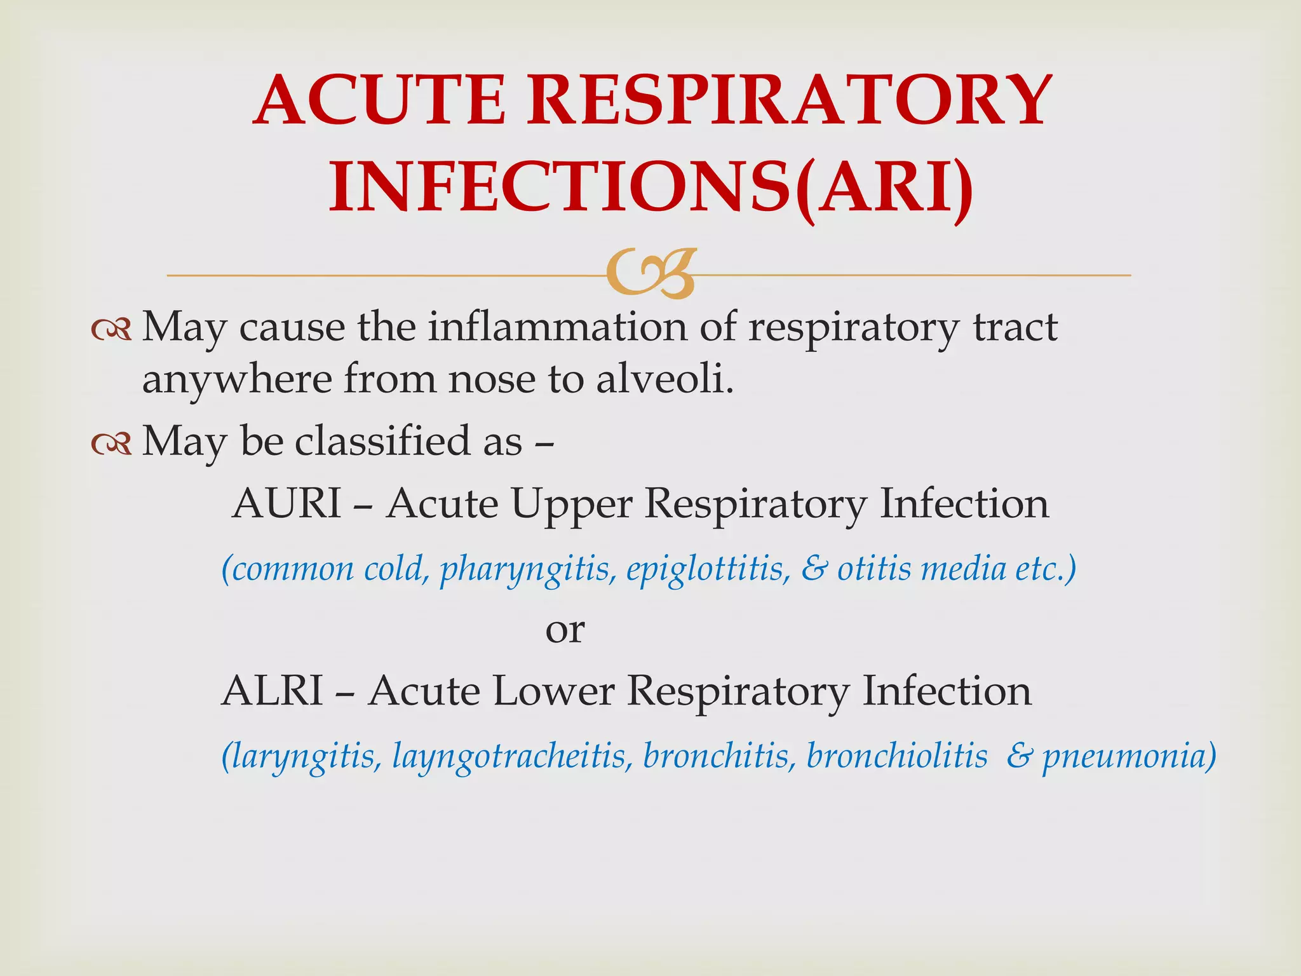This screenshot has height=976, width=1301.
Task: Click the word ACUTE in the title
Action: pyautogui.click(x=379, y=100)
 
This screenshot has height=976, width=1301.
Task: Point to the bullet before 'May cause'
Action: pyautogui.click(x=111, y=329)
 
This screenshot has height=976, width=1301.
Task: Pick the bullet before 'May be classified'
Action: pyautogui.click(x=111, y=443)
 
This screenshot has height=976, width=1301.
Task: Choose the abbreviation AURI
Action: pyautogui.click(x=286, y=503)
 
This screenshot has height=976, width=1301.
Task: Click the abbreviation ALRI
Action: pyautogui.click(x=273, y=691)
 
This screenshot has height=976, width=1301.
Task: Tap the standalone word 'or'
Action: pyautogui.click(x=565, y=630)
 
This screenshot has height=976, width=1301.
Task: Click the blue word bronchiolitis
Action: pyautogui.click(x=897, y=756)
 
